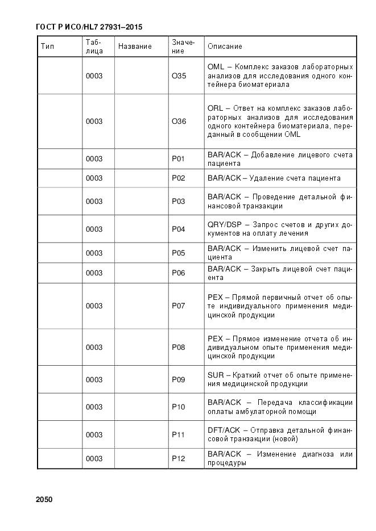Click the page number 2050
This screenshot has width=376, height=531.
point(44,500)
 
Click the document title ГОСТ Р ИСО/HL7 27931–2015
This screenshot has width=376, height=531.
point(89,27)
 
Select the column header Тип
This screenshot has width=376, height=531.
point(47,46)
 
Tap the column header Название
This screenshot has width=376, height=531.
point(135,46)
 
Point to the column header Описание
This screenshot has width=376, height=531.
point(225,46)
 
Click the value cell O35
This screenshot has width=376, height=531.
point(179,76)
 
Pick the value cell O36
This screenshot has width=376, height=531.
point(179,121)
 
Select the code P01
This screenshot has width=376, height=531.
point(179,159)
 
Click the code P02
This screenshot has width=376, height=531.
point(179,178)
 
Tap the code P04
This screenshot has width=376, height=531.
point(179,229)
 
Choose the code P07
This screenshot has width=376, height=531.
point(179,306)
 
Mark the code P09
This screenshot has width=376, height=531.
point(179,379)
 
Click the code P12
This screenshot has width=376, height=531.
point(179,458)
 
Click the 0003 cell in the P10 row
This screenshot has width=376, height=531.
point(94,407)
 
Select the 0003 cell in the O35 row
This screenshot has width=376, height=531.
point(94,76)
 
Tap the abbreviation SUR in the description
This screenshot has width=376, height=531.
point(216,375)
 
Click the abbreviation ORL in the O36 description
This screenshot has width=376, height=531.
point(215,108)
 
